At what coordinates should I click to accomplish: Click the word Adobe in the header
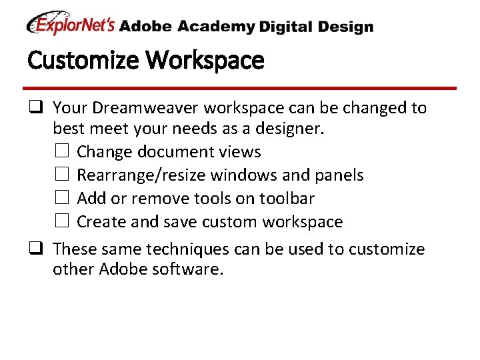coord(145,27)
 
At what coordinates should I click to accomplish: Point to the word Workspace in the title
coord(205,61)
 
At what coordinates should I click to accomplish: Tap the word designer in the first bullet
coord(290,129)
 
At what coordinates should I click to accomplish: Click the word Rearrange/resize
coord(141,175)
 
